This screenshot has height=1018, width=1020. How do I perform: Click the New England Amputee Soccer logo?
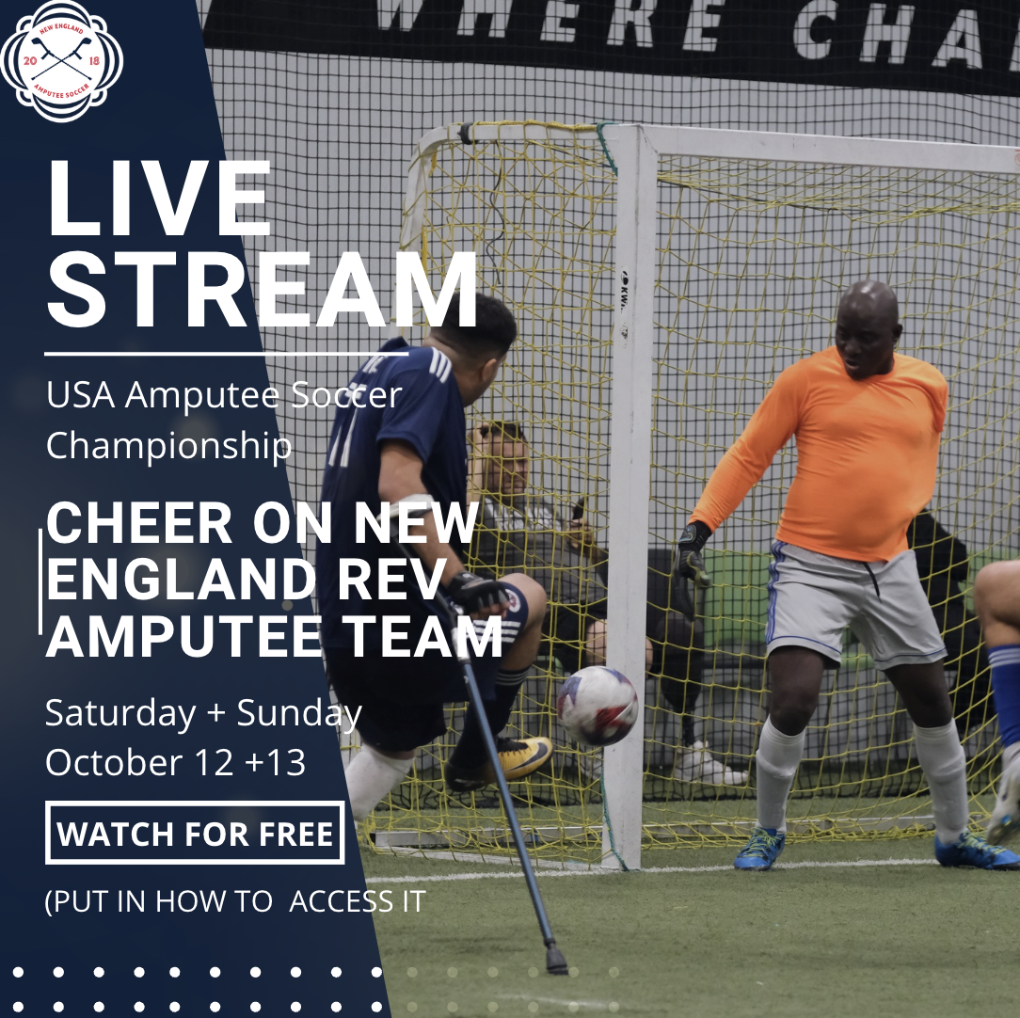pos(62,61)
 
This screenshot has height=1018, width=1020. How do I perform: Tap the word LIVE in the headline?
pos(159,198)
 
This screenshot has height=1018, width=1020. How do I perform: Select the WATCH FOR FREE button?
pos(195,834)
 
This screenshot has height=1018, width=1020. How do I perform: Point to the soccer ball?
pos(598,706)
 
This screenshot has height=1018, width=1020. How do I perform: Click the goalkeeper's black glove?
pos(692,553)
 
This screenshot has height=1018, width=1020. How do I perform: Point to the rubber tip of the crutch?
pos(556,960)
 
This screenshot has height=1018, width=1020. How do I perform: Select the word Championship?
pos(168,446)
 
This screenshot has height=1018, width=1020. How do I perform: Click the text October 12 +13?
pos(175,762)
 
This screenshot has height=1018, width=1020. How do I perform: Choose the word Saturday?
pos(120,714)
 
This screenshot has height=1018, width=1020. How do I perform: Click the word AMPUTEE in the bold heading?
pos(183,637)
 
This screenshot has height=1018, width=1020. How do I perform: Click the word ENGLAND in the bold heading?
pos(181,579)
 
